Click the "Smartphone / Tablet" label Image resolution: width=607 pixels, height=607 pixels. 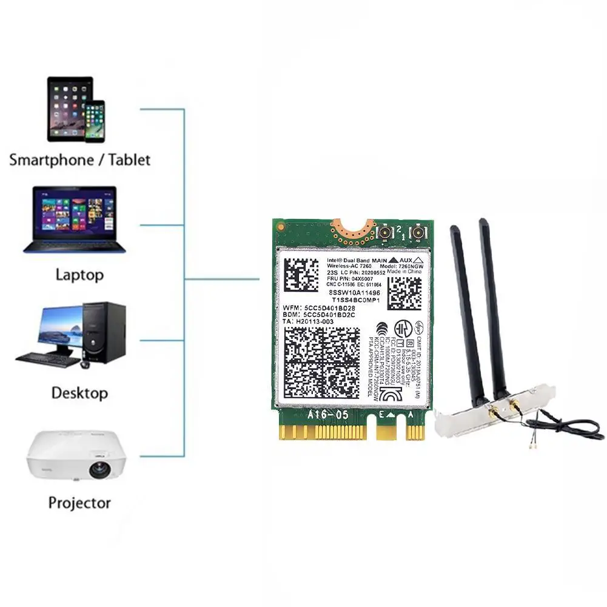tap(79, 160)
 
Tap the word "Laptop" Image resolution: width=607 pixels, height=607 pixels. tap(79, 275)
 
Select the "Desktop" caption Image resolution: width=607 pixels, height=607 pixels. tap(79, 392)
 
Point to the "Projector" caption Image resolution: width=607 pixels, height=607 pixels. tap(79, 503)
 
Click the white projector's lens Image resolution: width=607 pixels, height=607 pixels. tap(96, 469)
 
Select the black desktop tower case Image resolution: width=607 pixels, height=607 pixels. tap(105, 332)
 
